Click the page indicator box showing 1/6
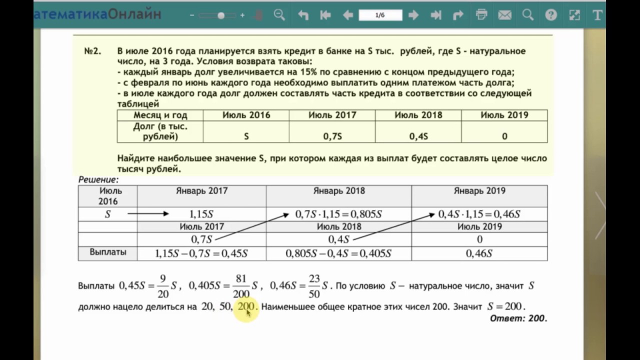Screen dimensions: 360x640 (380, 15)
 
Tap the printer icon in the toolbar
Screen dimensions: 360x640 (481, 15)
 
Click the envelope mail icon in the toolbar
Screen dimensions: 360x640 (504, 15)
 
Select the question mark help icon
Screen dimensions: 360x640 (551, 15)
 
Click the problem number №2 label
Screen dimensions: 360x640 (92, 51)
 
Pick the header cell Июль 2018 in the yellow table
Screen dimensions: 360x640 (418, 115)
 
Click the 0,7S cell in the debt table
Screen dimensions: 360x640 (332, 136)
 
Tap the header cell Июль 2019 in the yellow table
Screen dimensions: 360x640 (504, 115)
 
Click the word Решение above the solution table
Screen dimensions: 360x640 (98, 179)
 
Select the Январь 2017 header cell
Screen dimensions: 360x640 (201, 191)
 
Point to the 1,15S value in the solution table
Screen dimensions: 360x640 (201, 214)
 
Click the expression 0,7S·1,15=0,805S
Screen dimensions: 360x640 (338, 214)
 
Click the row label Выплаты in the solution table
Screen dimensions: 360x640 (107, 252)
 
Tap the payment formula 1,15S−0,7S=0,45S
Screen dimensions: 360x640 (201, 253)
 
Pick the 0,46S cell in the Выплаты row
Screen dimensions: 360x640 (479, 253)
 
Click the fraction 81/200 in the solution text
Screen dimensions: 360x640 (241, 286)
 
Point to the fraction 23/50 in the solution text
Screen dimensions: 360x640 (314, 286)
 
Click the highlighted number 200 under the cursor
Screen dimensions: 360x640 (246, 306)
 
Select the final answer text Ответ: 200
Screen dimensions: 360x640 (518, 318)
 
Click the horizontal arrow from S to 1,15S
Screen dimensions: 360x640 (148, 214)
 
